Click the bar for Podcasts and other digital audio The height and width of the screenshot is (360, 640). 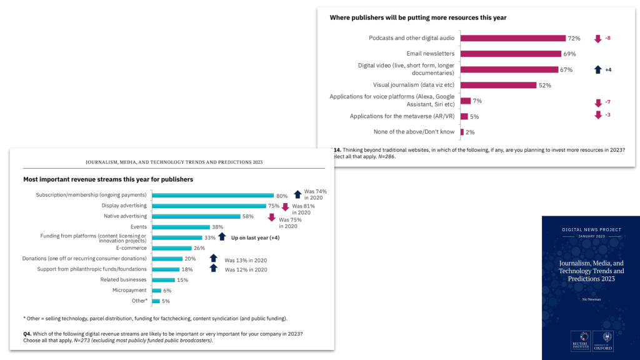512,38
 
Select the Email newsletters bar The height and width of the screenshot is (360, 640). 511,54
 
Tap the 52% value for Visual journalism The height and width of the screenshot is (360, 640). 544,85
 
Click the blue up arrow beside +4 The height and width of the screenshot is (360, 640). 597,69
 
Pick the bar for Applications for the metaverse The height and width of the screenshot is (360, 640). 464,116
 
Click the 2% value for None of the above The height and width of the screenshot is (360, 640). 470,132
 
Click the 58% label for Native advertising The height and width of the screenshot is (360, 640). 249,216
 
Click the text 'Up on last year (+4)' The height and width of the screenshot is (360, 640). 255,237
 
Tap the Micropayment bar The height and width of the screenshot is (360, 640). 154,291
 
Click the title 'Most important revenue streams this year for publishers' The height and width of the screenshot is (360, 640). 107,179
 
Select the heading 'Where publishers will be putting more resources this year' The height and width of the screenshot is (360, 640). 417,17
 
